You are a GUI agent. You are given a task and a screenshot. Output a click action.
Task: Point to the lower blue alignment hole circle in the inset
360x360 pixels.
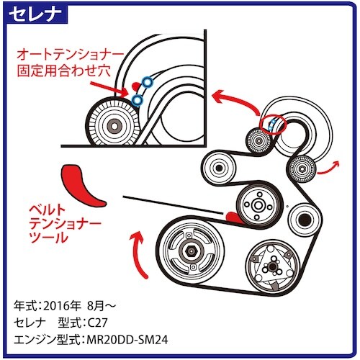click(136, 99)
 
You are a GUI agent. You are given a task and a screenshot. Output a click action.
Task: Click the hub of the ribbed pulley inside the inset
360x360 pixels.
click(112, 125)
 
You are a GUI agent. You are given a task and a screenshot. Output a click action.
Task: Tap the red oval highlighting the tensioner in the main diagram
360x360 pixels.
click(274, 125)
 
